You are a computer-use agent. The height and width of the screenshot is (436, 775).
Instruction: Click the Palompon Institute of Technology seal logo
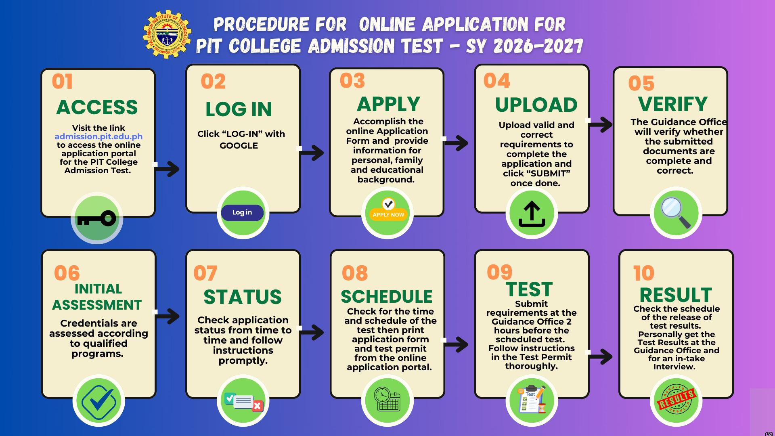(x=167, y=34)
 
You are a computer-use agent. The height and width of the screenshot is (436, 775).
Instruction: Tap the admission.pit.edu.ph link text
(x=98, y=136)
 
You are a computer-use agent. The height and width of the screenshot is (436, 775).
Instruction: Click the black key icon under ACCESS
(x=96, y=219)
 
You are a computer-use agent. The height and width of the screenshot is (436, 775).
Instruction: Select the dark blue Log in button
(x=242, y=212)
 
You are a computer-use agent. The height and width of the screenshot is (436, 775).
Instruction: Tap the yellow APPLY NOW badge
(x=388, y=214)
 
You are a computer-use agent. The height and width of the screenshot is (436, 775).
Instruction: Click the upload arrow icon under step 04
(x=532, y=214)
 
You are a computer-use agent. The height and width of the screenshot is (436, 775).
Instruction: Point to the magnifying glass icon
(x=676, y=212)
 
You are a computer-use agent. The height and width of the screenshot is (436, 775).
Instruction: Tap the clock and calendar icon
(x=387, y=399)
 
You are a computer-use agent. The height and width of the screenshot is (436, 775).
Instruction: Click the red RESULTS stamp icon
(x=676, y=399)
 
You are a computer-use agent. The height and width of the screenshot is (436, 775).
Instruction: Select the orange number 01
(x=62, y=82)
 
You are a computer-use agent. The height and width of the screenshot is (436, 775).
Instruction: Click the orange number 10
(x=643, y=273)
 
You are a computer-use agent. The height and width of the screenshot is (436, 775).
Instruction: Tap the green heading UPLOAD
(x=536, y=105)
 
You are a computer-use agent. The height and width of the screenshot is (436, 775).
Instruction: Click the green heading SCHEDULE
(x=387, y=297)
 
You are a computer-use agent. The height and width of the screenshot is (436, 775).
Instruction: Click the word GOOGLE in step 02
(x=239, y=146)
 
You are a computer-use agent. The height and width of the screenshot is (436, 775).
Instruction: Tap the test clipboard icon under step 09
(x=532, y=399)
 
